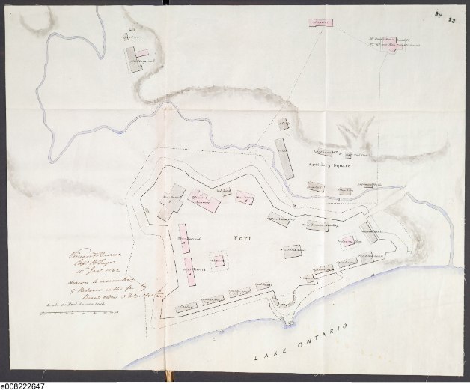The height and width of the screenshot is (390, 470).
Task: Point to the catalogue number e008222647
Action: pyautogui.click(x=23, y=385)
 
